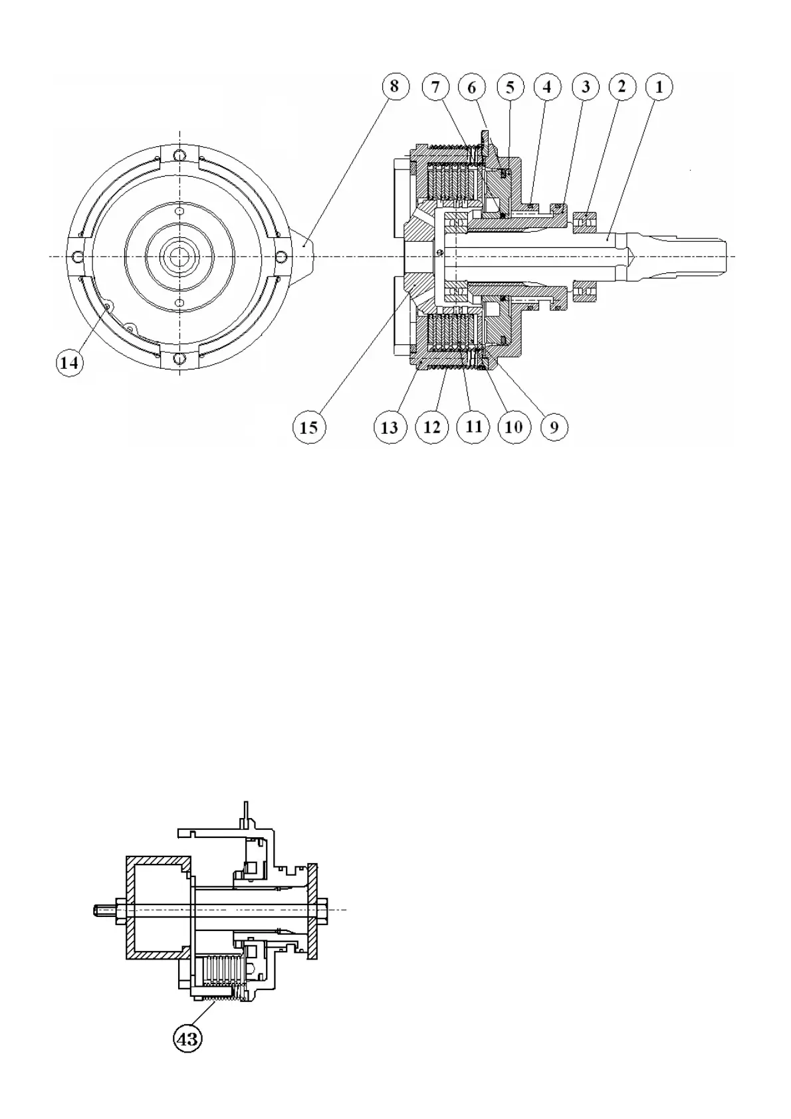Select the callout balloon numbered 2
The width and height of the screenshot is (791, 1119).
pyautogui.click(x=621, y=86)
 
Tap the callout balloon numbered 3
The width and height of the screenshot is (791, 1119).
pyautogui.click(x=585, y=86)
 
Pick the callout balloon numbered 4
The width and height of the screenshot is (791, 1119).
pyautogui.click(x=547, y=86)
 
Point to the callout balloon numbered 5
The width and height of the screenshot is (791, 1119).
pyautogui.click(x=510, y=86)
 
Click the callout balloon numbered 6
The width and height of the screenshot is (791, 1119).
pyautogui.click(x=473, y=86)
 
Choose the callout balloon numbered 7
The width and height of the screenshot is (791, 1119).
pyautogui.click(x=435, y=86)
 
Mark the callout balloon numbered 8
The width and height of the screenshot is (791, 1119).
pyautogui.click(x=394, y=86)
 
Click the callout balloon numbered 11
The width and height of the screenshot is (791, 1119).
pyautogui.click(x=473, y=426)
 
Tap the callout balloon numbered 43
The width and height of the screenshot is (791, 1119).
pyautogui.click(x=187, y=1038)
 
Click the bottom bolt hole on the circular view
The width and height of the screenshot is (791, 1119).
pyautogui.click(x=179, y=359)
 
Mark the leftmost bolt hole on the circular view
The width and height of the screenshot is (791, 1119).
pyautogui.click(x=78, y=256)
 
